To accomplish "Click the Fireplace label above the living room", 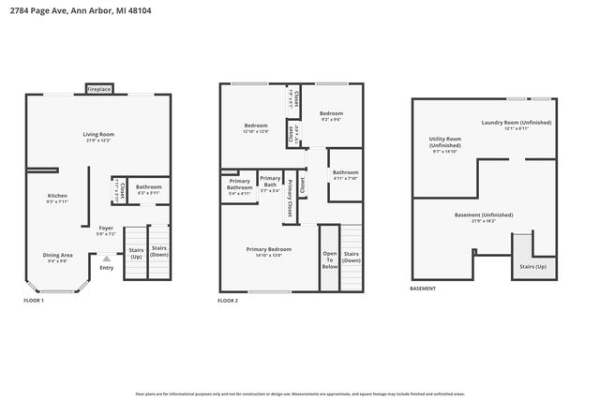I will tap(99, 89).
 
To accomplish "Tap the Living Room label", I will tap(99, 135).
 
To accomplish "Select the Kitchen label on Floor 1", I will tap(58, 197).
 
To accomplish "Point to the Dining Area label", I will tap(57, 256).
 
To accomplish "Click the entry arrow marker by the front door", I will tap(106, 259).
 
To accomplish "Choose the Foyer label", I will tap(107, 229).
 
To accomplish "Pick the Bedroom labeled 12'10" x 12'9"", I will tap(256, 126).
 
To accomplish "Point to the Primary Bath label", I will tap(270, 182).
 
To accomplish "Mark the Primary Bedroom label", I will tap(269, 250).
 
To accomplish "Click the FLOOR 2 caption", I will tap(228, 301).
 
